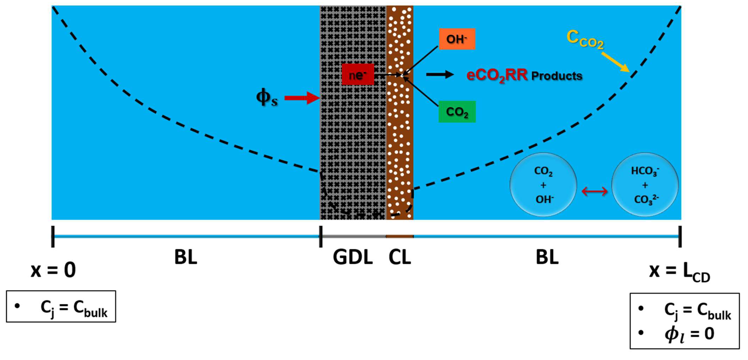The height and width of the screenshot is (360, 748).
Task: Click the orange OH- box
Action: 457,39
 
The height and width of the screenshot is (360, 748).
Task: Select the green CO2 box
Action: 457,112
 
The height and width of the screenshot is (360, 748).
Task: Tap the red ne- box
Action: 358,75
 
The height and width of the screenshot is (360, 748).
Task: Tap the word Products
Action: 557,76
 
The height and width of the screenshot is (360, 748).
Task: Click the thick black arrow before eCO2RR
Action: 439,75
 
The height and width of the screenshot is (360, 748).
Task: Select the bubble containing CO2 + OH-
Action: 543,185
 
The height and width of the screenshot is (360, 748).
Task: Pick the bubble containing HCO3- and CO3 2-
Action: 645,185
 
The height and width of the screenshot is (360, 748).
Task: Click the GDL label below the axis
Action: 352,257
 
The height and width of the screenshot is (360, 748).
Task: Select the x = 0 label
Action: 53,270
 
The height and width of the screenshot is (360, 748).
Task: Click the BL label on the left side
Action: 186,257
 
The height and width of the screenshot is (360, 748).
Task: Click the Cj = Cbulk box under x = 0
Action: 61,307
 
